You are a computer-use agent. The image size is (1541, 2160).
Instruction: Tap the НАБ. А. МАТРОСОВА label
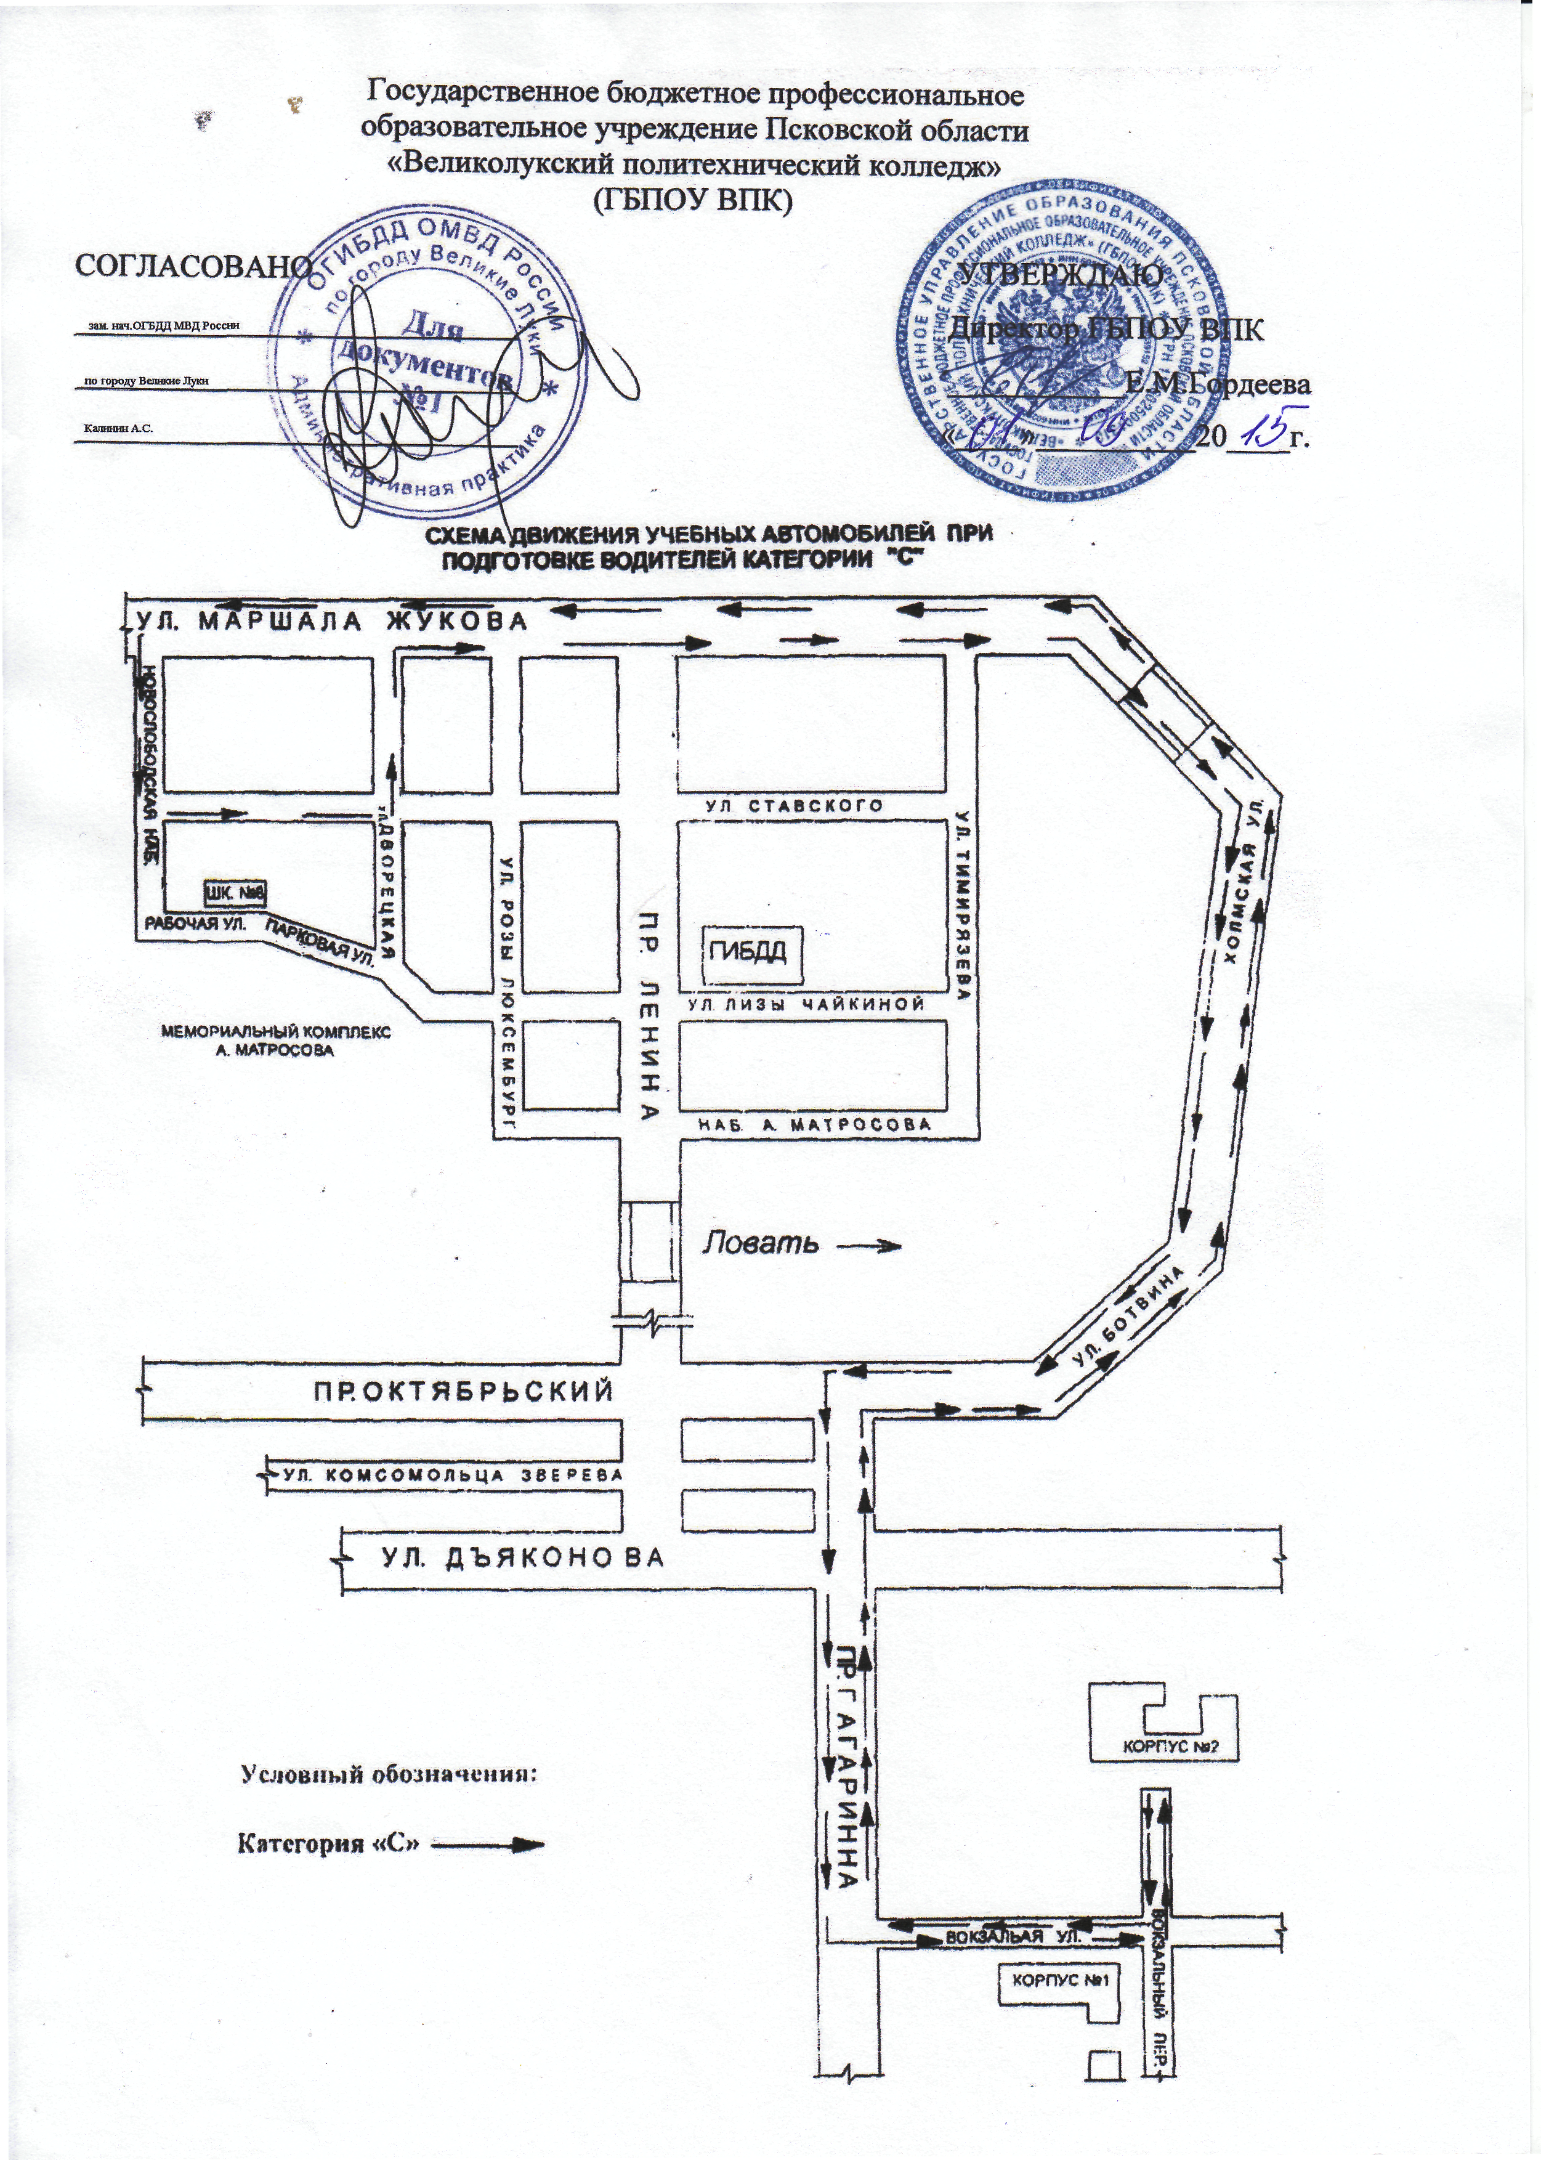[x=814, y=1124]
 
